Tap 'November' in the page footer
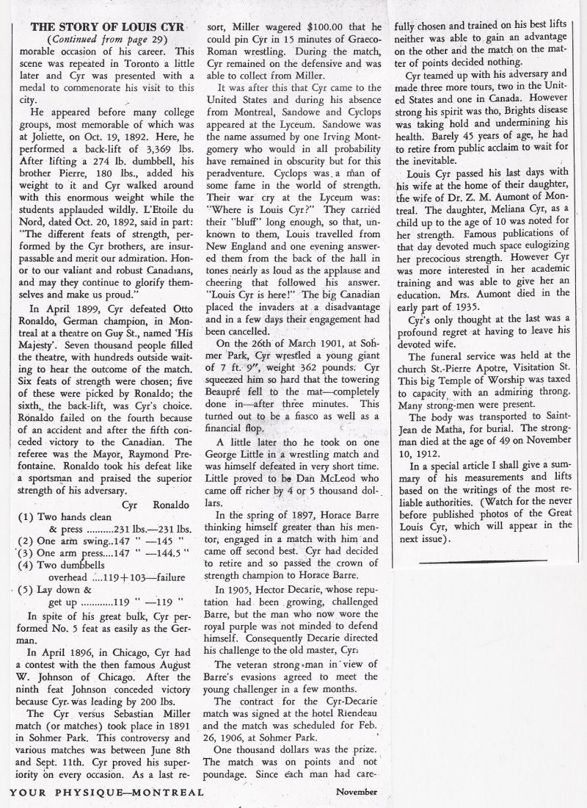pyautogui.click(x=357, y=793)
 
